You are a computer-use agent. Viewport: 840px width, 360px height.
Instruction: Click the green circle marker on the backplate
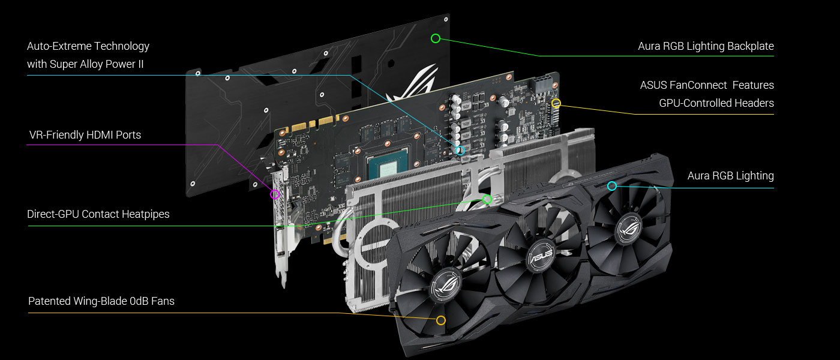click(436, 38)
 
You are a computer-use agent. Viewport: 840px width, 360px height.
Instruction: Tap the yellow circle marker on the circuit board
click(556, 103)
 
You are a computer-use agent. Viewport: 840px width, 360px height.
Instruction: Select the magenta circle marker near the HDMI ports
click(275, 194)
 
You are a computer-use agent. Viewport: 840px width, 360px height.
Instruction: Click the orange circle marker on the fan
click(441, 320)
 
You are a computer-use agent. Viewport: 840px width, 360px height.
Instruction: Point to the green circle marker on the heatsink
click(487, 199)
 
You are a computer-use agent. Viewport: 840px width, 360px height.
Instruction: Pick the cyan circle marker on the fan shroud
click(612, 185)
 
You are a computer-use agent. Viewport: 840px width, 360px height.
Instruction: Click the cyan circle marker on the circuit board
click(460, 151)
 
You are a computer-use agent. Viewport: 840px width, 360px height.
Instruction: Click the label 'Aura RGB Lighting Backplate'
click(706, 46)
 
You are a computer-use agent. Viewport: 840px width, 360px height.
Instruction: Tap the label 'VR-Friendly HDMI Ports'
click(85, 135)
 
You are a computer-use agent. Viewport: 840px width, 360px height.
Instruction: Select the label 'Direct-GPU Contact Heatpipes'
click(98, 214)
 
